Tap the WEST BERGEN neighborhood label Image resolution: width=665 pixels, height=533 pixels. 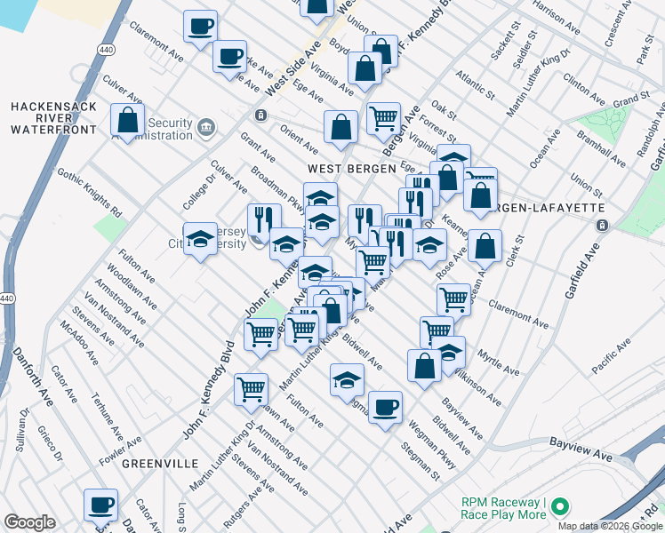click(342, 168)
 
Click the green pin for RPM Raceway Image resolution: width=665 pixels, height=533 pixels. click(559, 508)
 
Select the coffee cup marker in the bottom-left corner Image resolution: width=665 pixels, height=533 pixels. click(100, 505)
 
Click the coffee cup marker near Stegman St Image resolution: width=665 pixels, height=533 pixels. click(384, 408)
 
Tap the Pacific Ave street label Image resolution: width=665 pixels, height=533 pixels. click(611, 352)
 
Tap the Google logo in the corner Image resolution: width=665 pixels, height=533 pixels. click(29, 522)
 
